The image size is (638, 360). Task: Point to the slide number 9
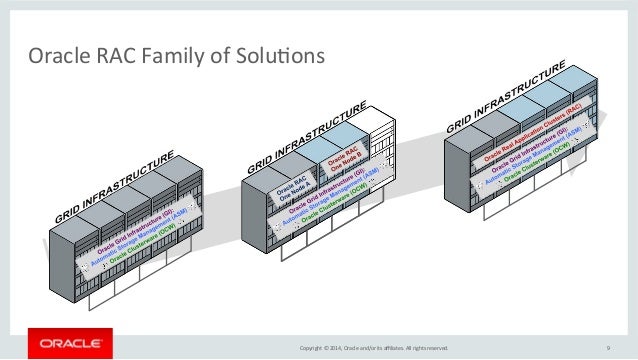click(608, 348)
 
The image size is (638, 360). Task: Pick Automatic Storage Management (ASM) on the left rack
click(141, 245)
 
